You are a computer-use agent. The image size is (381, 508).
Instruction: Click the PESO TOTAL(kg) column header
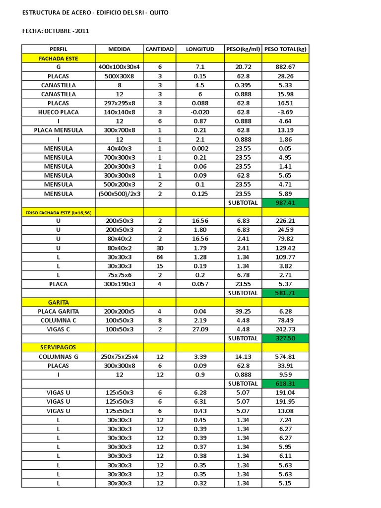(x=285, y=49)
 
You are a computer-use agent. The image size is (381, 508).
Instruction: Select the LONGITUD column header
(x=200, y=49)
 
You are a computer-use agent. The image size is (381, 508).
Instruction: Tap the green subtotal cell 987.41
(x=285, y=202)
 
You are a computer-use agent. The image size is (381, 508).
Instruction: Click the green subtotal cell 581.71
(x=285, y=293)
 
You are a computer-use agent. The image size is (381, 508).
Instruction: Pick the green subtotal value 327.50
(x=285, y=338)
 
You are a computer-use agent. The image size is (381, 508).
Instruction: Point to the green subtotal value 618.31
(x=285, y=383)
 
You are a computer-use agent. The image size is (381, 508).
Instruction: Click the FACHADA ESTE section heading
(x=59, y=58)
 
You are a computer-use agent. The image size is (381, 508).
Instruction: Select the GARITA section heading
(x=59, y=302)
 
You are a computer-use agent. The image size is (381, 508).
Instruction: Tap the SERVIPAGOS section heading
(x=59, y=347)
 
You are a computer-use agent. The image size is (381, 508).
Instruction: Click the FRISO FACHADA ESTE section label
(x=59, y=212)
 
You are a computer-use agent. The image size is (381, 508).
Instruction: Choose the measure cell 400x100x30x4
(x=119, y=67)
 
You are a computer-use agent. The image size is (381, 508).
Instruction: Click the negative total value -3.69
(x=285, y=112)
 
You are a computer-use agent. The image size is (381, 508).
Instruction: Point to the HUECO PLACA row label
(x=59, y=112)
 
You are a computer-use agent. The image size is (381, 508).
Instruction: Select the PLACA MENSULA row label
(x=59, y=130)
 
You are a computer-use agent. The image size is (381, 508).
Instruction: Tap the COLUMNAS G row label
(x=59, y=356)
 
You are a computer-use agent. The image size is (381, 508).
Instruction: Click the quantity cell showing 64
(x=160, y=257)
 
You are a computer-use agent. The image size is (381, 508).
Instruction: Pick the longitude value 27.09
(x=200, y=329)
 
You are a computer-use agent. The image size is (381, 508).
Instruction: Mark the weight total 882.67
(x=285, y=67)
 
